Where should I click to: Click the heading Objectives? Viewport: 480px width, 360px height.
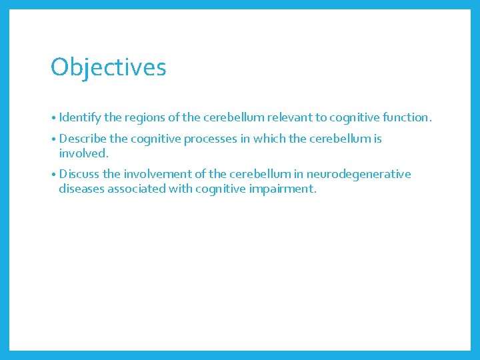click(x=108, y=67)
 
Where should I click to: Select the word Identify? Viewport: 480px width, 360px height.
click(x=80, y=118)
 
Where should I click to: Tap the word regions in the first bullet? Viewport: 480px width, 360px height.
click(x=143, y=118)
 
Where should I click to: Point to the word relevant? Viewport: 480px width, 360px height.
click(x=289, y=118)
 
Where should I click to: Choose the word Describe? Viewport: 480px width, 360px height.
click(x=84, y=139)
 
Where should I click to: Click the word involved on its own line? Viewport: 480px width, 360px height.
click(x=83, y=154)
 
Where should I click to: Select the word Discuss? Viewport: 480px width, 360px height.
click(x=79, y=175)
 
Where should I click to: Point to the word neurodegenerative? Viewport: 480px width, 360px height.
click(x=359, y=175)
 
